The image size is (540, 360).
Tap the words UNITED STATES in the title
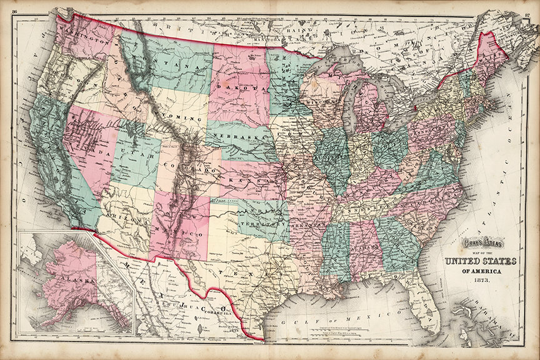(x=480, y=261)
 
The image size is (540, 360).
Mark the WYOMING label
(x=181, y=117)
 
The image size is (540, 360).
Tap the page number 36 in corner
(x=13, y=6)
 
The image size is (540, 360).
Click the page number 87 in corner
(x=527, y=6)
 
